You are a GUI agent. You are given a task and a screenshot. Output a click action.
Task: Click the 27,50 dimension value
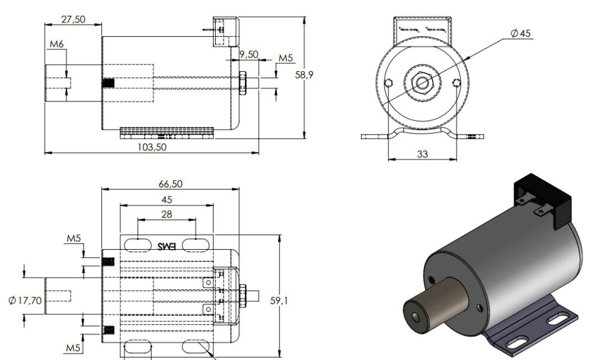click(73, 19)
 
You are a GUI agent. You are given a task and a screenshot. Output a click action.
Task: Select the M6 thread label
click(57, 44)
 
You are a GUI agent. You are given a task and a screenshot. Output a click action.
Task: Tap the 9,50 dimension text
click(249, 54)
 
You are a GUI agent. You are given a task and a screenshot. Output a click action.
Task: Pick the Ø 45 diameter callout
click(520, 33)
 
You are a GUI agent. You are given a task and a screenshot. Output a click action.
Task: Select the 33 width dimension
click(422, 154)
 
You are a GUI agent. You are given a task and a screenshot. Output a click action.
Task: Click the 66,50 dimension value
click(170, 184)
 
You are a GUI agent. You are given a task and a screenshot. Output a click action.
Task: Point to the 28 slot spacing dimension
click(167, 214)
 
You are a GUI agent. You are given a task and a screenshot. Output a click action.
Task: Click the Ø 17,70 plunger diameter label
click(25, 301)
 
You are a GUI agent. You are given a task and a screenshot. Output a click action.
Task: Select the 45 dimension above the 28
click(167, 199)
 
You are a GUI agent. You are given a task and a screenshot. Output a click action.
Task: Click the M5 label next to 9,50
click(286, 58)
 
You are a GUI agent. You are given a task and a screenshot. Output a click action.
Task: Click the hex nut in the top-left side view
click(242, 83)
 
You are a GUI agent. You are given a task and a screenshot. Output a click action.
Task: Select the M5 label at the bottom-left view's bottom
click(73, 348)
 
